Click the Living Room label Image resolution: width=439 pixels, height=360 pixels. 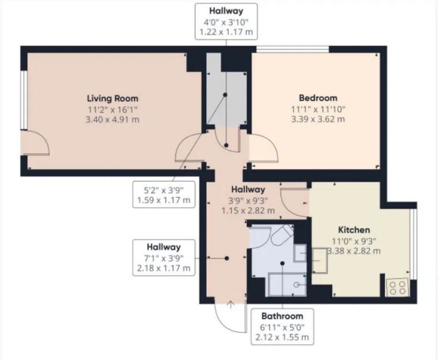coord(113,98)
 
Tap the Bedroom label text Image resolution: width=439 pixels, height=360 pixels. coord(318,98)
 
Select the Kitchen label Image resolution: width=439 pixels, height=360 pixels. coord(354,230)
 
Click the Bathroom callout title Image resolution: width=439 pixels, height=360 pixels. coord(282,316)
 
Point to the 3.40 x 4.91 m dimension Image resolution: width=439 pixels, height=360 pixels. coord(112,120)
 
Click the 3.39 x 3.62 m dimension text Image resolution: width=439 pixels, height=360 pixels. coord(318,119)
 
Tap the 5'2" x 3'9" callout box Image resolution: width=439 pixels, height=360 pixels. coord(164,195)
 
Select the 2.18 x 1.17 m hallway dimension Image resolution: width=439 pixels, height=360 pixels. coord(164,268)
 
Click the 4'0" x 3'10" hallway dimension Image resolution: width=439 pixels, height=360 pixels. coord(226,22)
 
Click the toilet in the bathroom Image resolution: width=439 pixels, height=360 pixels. coord(282,235)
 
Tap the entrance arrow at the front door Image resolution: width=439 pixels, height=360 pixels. coord(231,304)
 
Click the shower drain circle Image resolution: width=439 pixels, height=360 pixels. coord(296,284)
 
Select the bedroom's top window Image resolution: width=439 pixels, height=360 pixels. coord(293,49)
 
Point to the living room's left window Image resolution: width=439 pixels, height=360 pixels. coord(24,100)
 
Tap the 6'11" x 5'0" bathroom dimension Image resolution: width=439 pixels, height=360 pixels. coord(282,327)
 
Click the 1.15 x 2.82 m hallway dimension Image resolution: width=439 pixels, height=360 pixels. coord(248,211)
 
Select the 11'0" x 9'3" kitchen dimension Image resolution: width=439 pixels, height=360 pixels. coord(354,241)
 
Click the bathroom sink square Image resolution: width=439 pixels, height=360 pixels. coord(300,253)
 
